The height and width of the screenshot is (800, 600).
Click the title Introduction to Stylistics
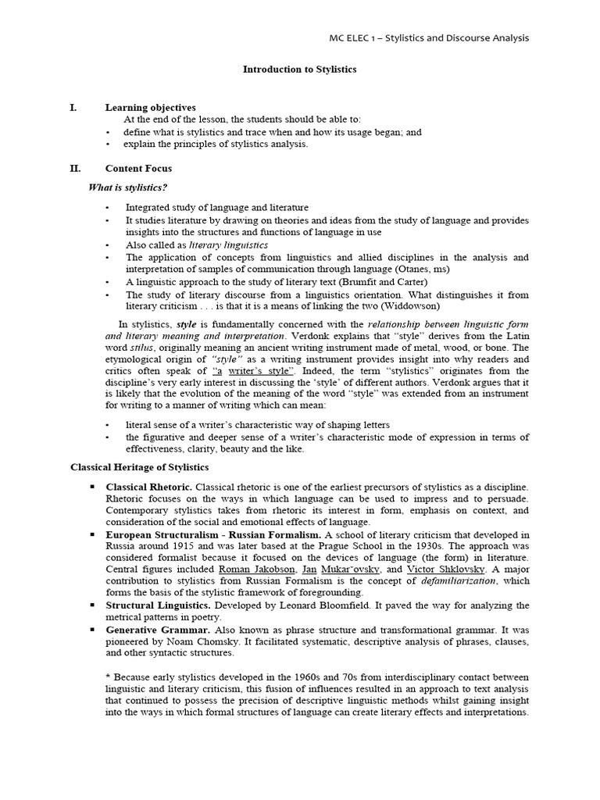pyautogui.click(x=299, y=70)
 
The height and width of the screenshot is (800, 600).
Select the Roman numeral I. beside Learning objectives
pyautogui.click(x=73, y=107)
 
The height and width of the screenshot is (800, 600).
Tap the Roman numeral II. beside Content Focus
pyautogui.click(x=76, y=168)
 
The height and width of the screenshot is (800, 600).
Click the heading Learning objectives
pyautogui.click(x=151, y=107)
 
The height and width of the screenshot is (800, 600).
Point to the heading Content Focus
pyautogui.click(x=138, y=168)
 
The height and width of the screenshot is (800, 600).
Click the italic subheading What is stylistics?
pyautogui.click(x=128, y=187)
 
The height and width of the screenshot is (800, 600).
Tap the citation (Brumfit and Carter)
pyautogui.click(x=379, y=281)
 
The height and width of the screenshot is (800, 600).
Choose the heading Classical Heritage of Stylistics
pyautogui.click(x=140, y=467)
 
